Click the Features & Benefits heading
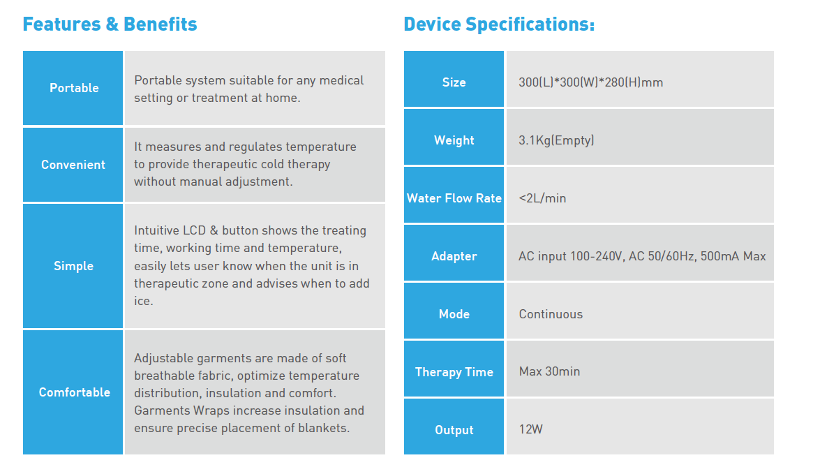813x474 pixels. pyautogui.click(x=110, y=24)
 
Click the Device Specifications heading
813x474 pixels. pyautogui.click(x=499, y=24)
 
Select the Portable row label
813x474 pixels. pyautogui.click(x=74, y=88)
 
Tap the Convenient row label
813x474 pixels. pyautogui.click(x=73, y=165)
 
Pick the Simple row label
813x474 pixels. pyautogui.click(x=74, y=266)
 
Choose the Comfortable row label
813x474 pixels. pyautogui.click(x=74, y=392)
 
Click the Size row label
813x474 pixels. pyautogui.click(x=454, y=82)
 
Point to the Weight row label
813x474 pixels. pyautogui.click(x=454, y=140)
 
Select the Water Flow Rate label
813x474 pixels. pyautogui.click(x=454, y=199)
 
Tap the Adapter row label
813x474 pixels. pyautogui.click(x=454, y=257)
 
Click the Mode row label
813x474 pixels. pyautogui.click(x=454, y=314)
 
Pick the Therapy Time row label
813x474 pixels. pyautogui.click(x=454, y=372)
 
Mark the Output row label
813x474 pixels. pyautogui.click(x=454, y=431)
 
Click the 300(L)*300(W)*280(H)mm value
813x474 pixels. pyautogui.click(x=590, y=82)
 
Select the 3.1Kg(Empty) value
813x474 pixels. pyautogui.click(x=556, y=140)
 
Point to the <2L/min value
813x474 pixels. pyautogui.click(x=542, y=198)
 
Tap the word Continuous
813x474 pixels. pyautogui.click(x=551, y=314)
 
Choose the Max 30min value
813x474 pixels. pyautogui.click(x=550, y=372)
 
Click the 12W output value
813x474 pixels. pyautogui.click(x=530, y=429)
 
